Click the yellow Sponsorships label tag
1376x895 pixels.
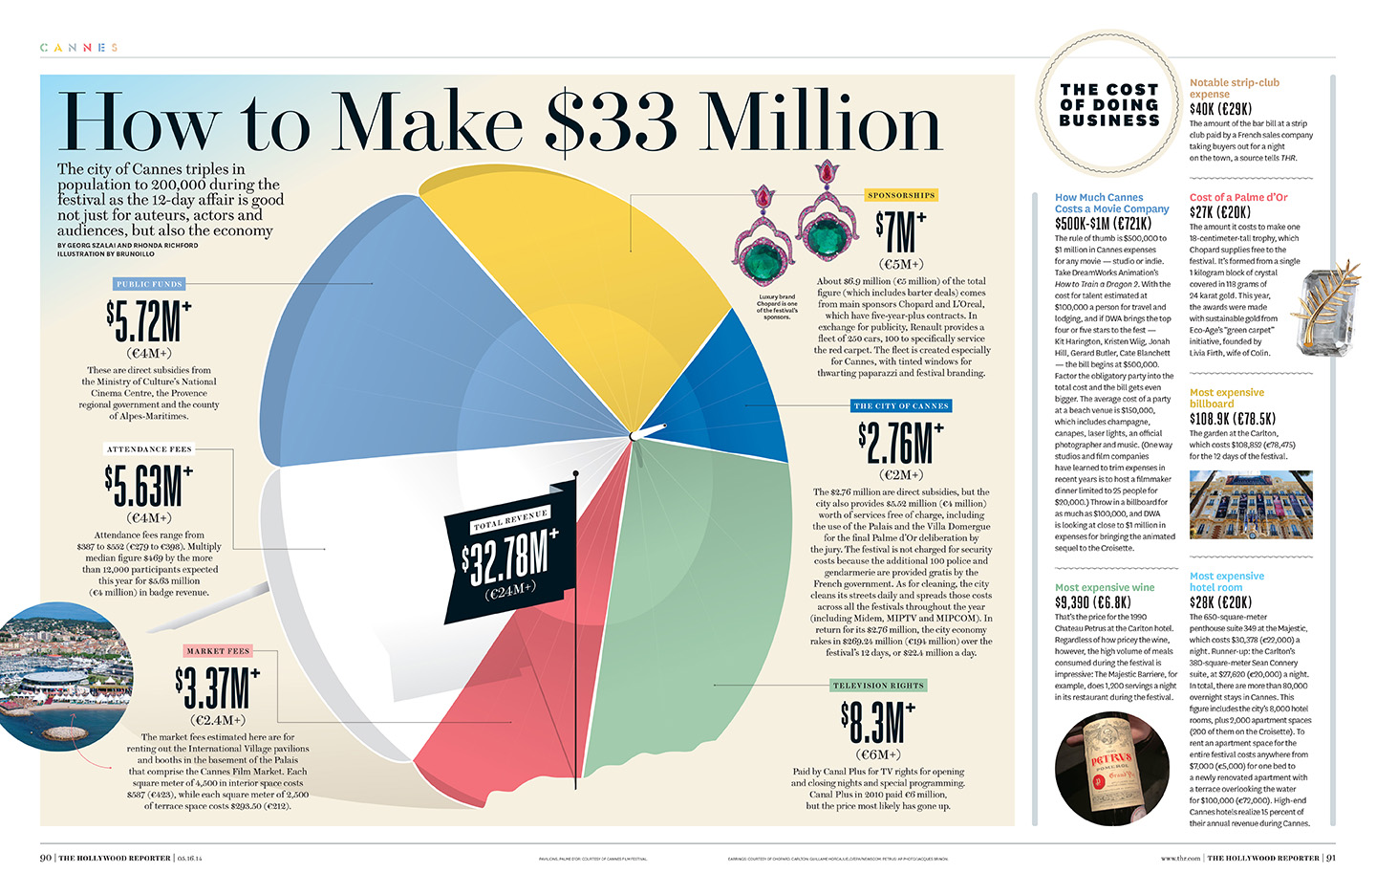[901, 195]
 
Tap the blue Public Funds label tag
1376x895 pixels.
[149, 284]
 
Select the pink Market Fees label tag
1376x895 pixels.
[218, 651]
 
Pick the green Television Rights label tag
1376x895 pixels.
[878, 686]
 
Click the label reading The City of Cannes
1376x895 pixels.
[901, 406]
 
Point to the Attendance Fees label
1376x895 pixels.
[149, 448]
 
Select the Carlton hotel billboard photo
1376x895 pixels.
[1250, 506]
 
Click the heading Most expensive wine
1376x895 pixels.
[1105, 588]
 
